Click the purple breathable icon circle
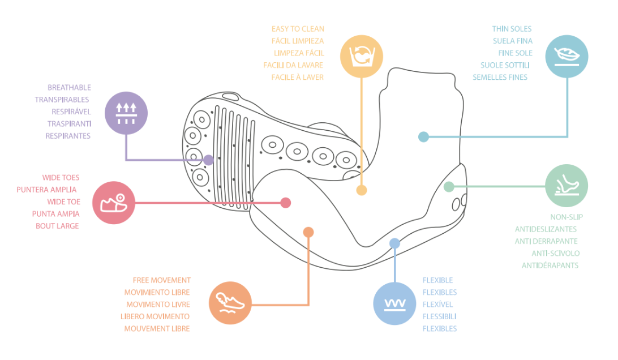[x=126, y=113]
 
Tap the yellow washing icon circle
[x=362, y=56]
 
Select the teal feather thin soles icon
[x=566, y=57]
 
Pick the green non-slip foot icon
[x=566, y=186]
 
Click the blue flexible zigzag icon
[x=394, y=303]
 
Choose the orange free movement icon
[x=230, y=303]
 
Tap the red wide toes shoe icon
[x=114, y=203]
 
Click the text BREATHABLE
[x=70, y=88]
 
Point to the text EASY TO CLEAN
[x=298, y=29]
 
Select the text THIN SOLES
[x=512, y=29]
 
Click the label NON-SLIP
[x=566, y=217]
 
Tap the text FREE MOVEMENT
[x=162, y=280]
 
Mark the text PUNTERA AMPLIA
[x=46, y=190]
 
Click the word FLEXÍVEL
[x=437, y=305]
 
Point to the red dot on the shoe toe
[x=286, y=203]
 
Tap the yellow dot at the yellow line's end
[x=362, y=190]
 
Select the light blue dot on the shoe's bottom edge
[x=394, y=243]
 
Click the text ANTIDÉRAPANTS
[x=550, y=265]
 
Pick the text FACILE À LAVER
[x=298, y=78]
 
